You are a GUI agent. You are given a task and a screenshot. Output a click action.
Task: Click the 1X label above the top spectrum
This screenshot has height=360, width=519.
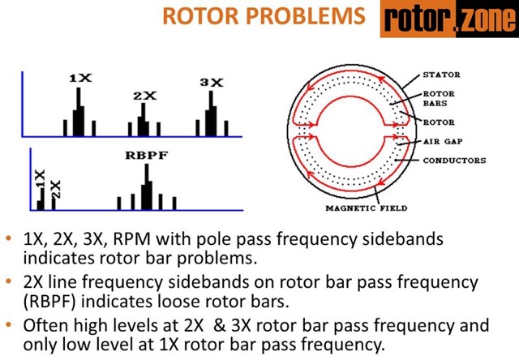pos(80,78)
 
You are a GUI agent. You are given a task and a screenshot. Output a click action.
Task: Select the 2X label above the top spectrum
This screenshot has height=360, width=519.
pos(144,96)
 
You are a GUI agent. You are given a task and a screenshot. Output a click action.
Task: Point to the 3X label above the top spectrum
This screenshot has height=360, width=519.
pos(211,82)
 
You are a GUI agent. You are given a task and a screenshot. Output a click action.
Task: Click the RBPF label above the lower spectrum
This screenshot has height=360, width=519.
pos(146,155)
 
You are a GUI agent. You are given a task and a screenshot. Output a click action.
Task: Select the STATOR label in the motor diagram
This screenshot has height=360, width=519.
pos(441,75)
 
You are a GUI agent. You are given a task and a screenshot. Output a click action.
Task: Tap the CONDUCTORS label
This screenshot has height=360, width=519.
pos(454,161)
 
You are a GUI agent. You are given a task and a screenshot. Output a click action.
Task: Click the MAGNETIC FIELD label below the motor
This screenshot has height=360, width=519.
pos(366,208)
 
